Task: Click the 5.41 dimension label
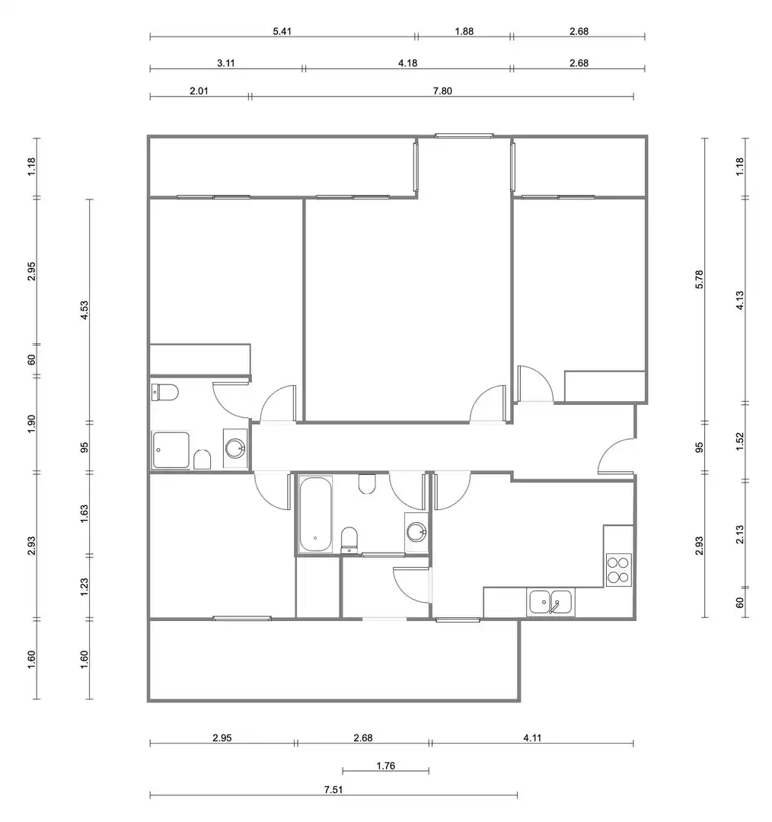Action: coord(282,31)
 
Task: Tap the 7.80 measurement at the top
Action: coord(442,91)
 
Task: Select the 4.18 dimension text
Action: coord(407,63)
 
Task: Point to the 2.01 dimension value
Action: coord(199,91)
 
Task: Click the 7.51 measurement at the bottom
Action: coord(333,789)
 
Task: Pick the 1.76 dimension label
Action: coord(385,766)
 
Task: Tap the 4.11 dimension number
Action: coord(532,738)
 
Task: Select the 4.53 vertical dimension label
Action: coord(84,311)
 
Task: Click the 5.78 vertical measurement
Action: coord(699,279)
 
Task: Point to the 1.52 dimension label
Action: coord(740,441)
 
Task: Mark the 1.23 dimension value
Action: coord(84,587)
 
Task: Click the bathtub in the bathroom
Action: coord(315,514)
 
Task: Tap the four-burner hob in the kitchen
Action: coord(618,570)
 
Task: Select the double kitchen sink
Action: coord(550,602)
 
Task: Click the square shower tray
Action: coord(171,450)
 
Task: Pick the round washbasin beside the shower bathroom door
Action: coord(235,448)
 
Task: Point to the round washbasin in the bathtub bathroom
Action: coord(416,531)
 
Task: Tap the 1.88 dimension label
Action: coord(464,31)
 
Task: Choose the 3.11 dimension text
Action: coord(226,63)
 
